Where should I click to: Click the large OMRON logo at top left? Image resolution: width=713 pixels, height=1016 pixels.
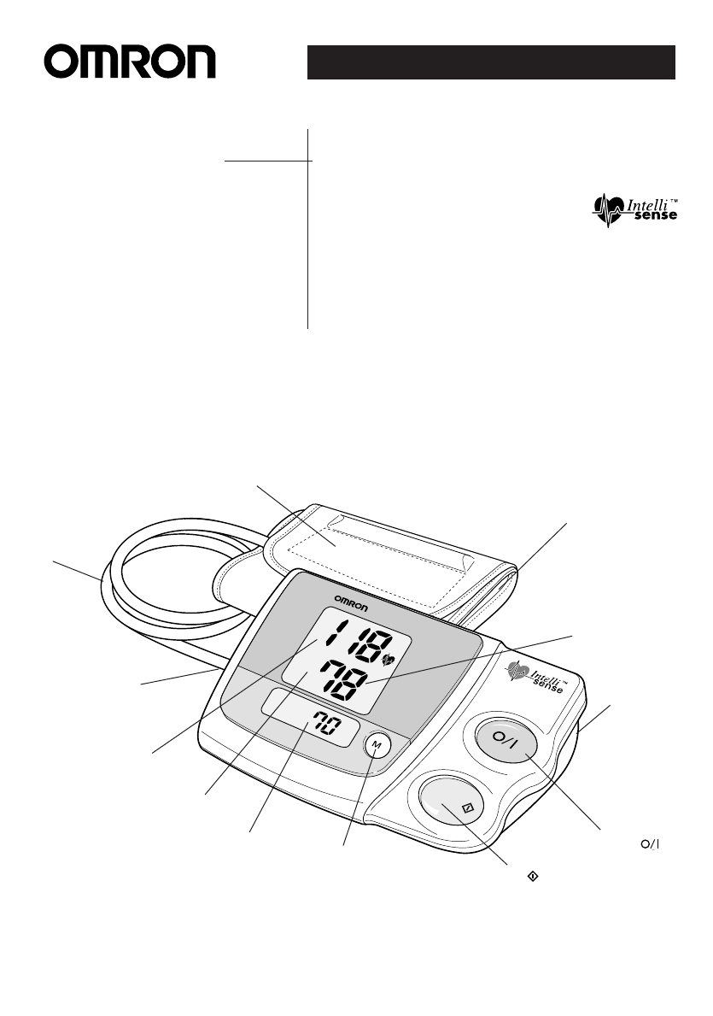click(x=131, y=63)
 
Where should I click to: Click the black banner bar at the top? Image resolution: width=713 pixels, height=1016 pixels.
click(x=492, y=63)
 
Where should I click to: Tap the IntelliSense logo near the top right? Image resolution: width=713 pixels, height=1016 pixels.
click(x=635, y=210)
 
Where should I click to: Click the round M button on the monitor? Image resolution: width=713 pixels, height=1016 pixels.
click(x=377, y=745)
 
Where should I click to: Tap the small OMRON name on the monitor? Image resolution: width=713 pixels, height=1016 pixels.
click(x=350, y=598)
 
